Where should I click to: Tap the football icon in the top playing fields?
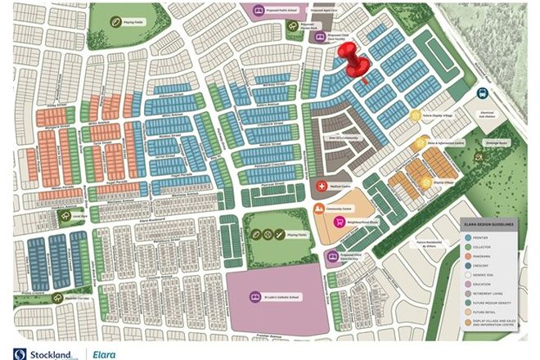(128, 22)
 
